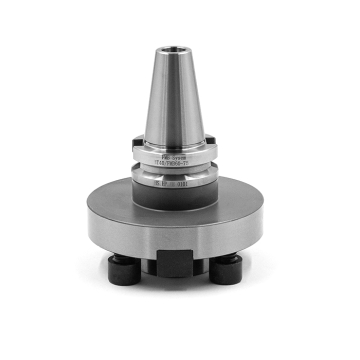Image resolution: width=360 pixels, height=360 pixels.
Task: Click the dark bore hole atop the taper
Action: click(x=181, y=46)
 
